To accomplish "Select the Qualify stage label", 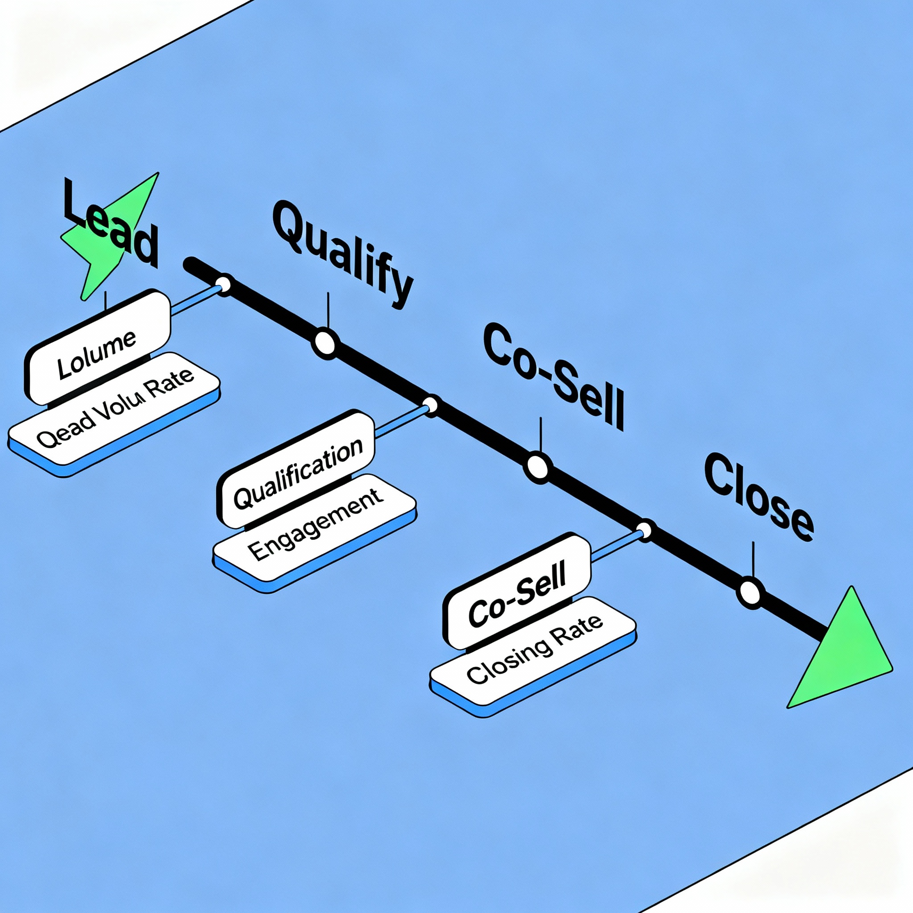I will [x=343, y=255].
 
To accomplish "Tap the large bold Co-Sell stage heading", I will [x=553, y=376].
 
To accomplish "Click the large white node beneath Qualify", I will [x=325, y=344].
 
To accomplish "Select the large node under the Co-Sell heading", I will [x=537, y=467].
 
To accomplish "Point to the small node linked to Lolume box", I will [x=222, y=285].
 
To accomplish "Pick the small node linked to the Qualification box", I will [x=431, y=406].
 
